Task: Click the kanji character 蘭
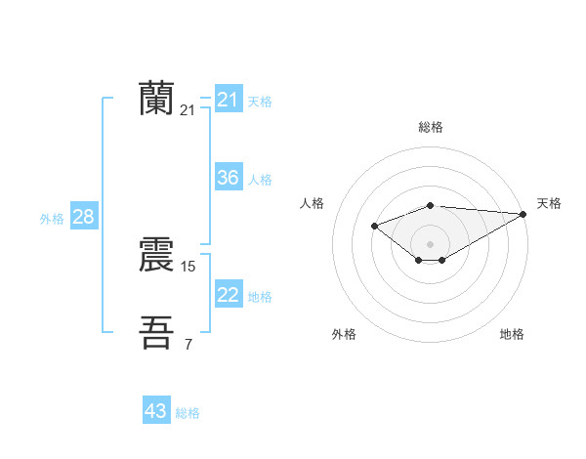point(157,99)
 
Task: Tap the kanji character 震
point(157,255)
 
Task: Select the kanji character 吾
point(157,332)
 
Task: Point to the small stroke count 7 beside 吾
point(188,344)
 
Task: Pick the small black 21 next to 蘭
point(188,110)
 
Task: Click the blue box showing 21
point(229,100)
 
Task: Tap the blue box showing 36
point(229,178)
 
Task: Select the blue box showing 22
point(229,295)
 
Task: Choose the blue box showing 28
point(83,217)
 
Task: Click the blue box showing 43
point(156,411)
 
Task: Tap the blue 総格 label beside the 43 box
point(188,413)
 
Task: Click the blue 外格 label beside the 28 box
point(52,219)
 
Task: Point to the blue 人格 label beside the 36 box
point(260,180)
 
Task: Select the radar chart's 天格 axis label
point(549,203)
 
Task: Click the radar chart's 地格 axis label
point(512,334)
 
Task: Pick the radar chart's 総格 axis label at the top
point(431,127)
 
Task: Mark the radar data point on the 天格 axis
point(523,213)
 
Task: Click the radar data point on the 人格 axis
point(374,227)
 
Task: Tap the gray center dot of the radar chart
point(431,243)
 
